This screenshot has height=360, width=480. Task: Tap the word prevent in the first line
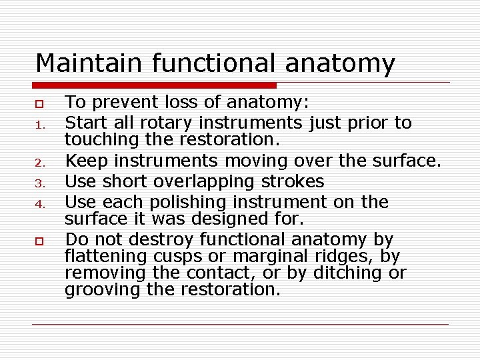click(119, 103)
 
